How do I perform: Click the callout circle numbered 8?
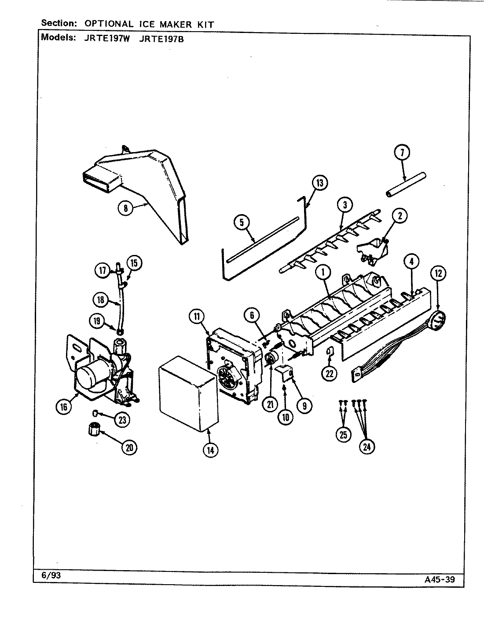pos(126,208)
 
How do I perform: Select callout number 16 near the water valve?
pos(64,407)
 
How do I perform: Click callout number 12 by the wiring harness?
pos(439,273)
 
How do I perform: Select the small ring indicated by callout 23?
pos(95,413)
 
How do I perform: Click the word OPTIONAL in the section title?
pos(106,24)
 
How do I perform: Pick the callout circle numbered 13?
pos(320,182)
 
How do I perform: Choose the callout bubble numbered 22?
pos(330,373)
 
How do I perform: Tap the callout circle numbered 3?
pos(345,205)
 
